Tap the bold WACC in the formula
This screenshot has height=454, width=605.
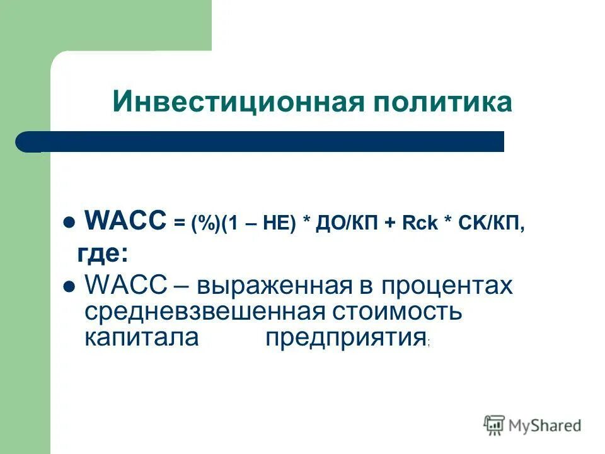pyautogui.click(x=125, y=221)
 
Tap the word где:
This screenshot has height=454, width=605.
pyautogui.click(x=103, y=254)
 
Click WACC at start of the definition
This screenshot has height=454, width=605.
pyautogui.click(x=124, y=286)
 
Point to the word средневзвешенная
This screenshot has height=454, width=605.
pyautogui.click(x=205, y=311)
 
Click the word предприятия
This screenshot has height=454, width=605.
pyautogui.click(x=345, y=339)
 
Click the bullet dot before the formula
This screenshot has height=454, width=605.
pyautogui.click(x=70, y=223)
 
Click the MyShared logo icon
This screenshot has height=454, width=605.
pyautogui.click(x=495, y=426)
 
